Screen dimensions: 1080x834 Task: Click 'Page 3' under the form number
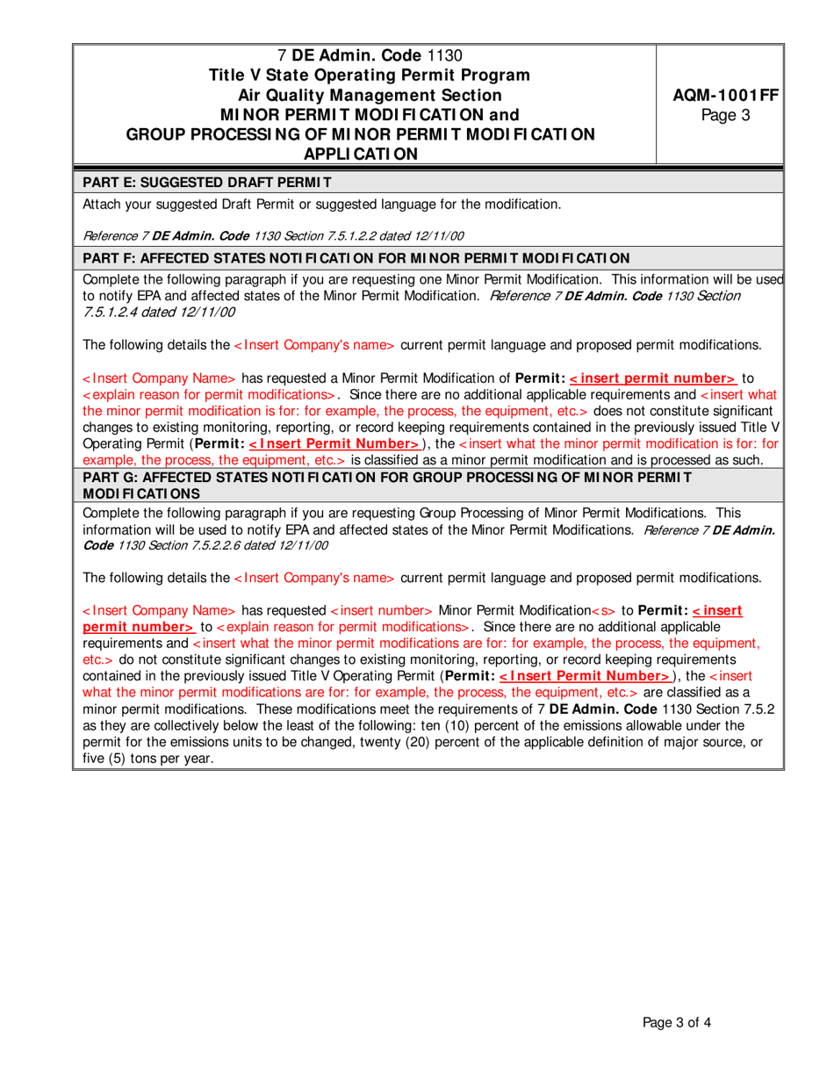[720, 115]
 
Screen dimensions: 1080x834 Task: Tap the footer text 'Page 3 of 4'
[682, 1022]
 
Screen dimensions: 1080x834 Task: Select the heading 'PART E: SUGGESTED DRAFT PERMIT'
[207, 183]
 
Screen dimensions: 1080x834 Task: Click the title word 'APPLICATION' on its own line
[361, 154]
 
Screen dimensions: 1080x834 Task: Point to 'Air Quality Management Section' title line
[361, 95]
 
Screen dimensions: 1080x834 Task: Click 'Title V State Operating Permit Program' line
[361, 76]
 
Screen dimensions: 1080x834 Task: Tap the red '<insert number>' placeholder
[381, 610]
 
